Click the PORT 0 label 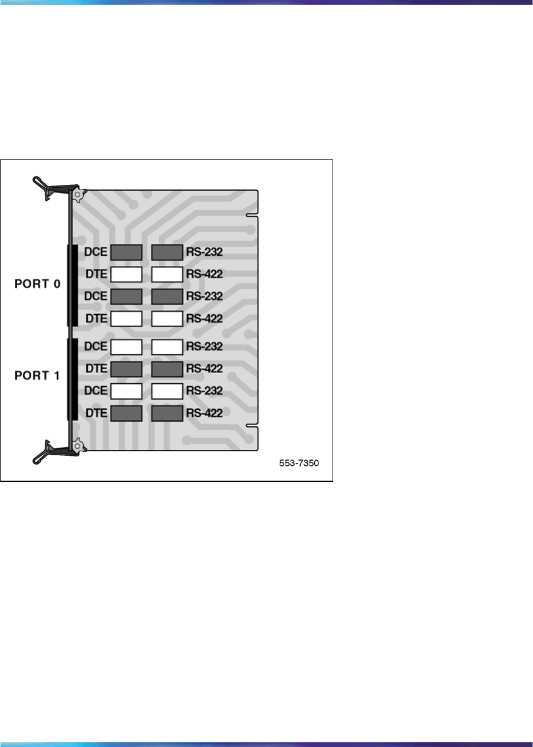click(37, 283)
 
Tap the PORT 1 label click(37, 375)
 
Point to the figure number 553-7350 click(299, 464)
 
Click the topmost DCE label click(96, 252)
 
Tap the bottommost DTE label click(96, 413)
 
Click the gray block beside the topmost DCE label click(126, 252)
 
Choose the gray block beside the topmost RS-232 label click(167, 252)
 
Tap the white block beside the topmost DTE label click(126, 274)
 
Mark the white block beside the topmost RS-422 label click(167, 274)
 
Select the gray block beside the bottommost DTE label click(126, 413)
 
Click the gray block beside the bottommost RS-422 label click(167, 413)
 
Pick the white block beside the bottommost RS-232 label click(167, 391)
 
